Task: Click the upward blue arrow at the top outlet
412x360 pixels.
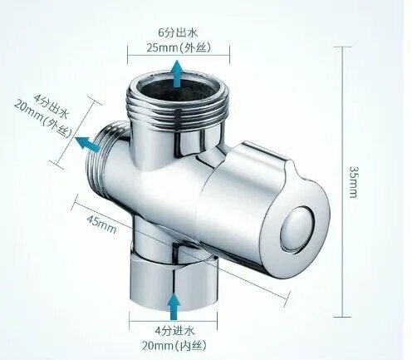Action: tap(177, 74)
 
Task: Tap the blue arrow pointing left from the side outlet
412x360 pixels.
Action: tap(88, 144)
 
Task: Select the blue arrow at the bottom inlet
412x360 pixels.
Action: tap(174, 306)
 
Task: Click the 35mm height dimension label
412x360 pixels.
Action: tap(353, 182)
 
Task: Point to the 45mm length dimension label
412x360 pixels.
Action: tap(102, 224)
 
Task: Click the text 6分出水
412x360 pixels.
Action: tap(178, 32)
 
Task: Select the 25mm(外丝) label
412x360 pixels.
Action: tap(179, 47)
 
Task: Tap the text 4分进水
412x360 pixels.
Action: tap(174, 331)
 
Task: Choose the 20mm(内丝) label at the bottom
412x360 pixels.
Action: tap(174, 346)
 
